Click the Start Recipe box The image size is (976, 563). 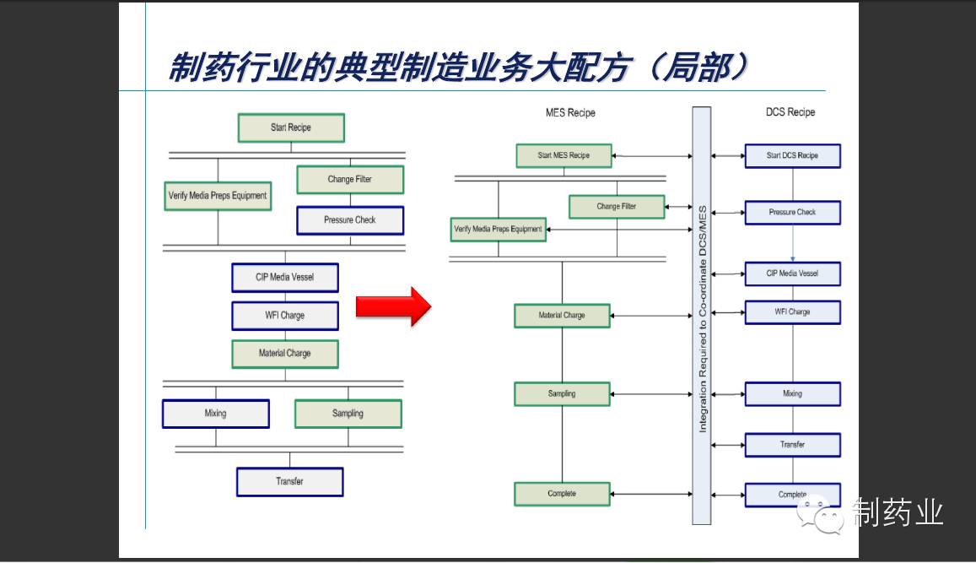tap(291, 127)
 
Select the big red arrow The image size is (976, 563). tap(393, 306)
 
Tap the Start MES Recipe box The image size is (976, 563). tap(563, 155)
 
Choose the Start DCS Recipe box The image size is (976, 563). tap(792, 155)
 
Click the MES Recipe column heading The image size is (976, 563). tap(570, 112)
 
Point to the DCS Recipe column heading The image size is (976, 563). tap(790, 111)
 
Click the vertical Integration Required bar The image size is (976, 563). tap(701, 314)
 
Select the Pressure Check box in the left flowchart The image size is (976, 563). tap(350, 220)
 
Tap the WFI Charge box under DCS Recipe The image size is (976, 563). tap(792, 311)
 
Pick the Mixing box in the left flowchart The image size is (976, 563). tap(216, 414)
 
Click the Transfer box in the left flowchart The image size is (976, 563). tap(289, 482)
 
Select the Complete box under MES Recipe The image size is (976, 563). tap(562, 494)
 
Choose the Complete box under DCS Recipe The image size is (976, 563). tap(792, 495)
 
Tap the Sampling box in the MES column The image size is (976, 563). tap(562, 393)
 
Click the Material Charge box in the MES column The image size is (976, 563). tap(562, 316)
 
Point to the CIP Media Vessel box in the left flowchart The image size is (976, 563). tap(285, 277)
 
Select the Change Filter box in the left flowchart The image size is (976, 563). tap(350, 180)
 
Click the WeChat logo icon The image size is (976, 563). tap(822, 514)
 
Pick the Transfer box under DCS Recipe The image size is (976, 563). tap(792, 445)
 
